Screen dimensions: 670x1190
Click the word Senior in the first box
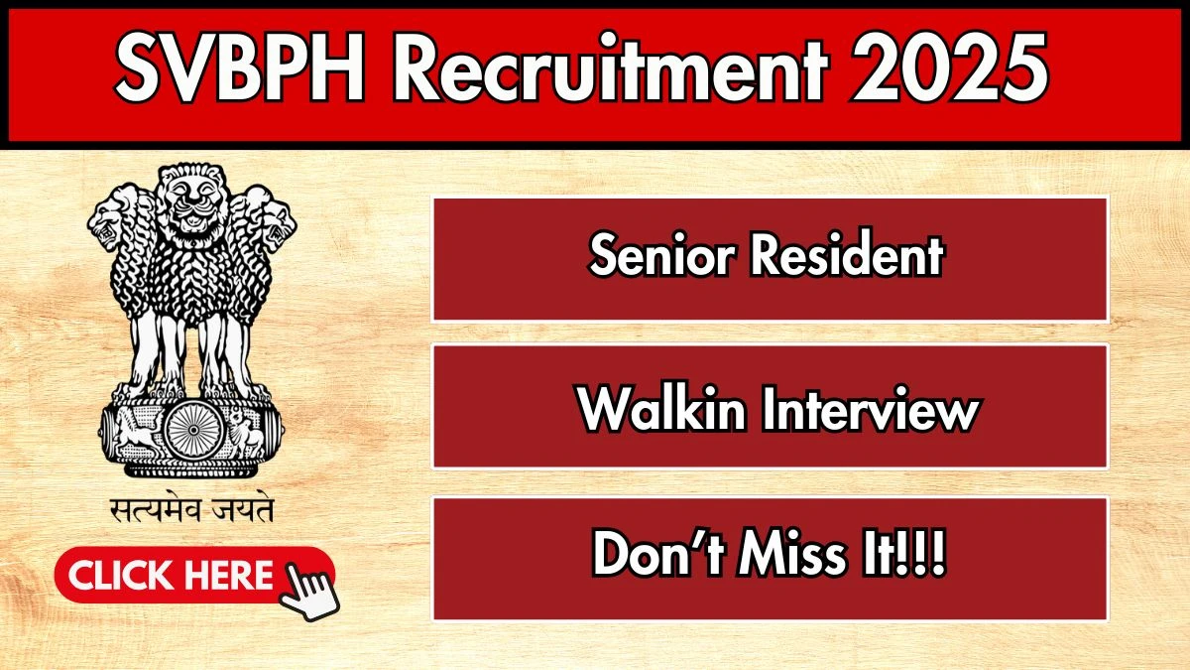(661, 258)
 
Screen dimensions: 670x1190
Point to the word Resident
(846, 258)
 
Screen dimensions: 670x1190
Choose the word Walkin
(661, 409)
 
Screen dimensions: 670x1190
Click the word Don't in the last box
(657, 558)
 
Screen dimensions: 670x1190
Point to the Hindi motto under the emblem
(191, 511)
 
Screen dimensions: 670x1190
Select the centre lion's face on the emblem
(191, 203)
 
